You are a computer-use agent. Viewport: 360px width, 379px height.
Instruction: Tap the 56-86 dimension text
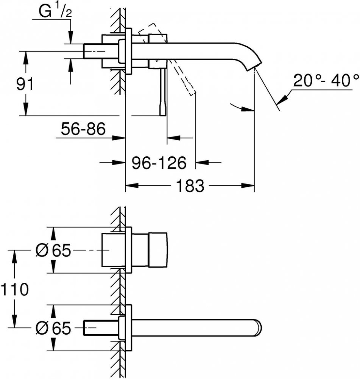pyautogui.click(x=83, y=128)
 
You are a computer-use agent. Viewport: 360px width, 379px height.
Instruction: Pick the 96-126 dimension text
pyautogui.click(x=159, y=163)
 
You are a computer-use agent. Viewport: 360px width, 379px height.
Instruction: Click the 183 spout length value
pyautogui.click(x=190, y=186)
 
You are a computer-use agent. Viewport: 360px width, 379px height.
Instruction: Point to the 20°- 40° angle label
pyautogui.click(x=326, y=81)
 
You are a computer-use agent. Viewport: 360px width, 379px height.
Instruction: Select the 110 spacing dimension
pyautogui.click(x=15, y=289)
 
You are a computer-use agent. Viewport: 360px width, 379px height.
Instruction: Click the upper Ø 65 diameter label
pyautogui.click(x=53, y=250)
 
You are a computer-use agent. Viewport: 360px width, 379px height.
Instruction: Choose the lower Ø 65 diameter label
pyautogui.click(x=53, y=328)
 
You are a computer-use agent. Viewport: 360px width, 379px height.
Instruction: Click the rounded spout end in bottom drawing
pyautogui.click(x=259, y=327)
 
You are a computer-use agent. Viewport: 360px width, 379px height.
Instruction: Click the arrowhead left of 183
pyautogui.click(x=132, y=186)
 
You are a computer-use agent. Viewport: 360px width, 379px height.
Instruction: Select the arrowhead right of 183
pyautogui.click(x=248, y=186)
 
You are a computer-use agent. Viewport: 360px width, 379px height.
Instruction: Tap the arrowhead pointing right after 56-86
pyautogui.click(x=118, y=138)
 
